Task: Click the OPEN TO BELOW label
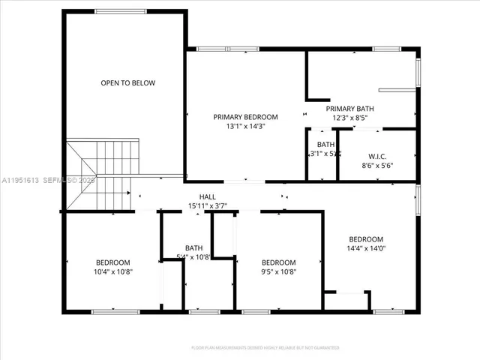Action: (128, 82)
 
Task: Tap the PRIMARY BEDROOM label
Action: (245, 117)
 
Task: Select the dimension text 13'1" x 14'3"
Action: (245, 126)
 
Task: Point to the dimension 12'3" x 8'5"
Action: (349, 118)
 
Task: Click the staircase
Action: (99, 175)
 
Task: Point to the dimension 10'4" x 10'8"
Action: (112, 271)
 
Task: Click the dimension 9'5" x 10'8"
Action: (278, 271)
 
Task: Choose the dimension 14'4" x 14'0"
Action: (365, 248)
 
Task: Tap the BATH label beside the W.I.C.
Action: (325, 144)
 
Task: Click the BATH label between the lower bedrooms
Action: (194, 248)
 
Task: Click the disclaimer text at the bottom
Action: (265, 347)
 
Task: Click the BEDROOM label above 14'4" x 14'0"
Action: (365, 239)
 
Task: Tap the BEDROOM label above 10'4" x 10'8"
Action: (112, 262)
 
